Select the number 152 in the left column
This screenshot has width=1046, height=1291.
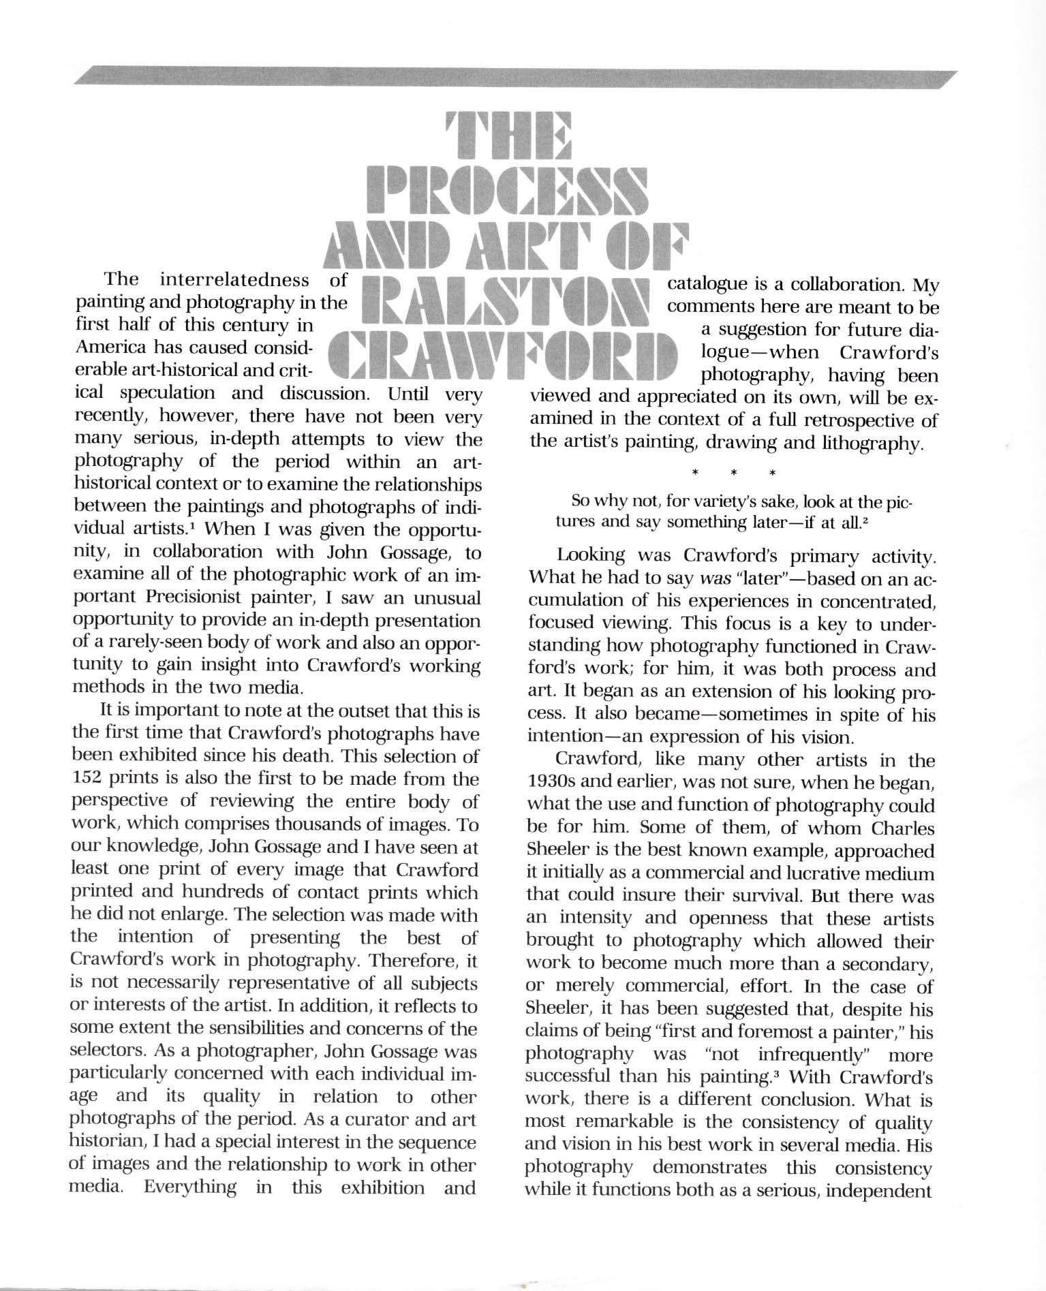[89, 779]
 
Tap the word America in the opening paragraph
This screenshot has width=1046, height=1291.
[106, 347]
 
